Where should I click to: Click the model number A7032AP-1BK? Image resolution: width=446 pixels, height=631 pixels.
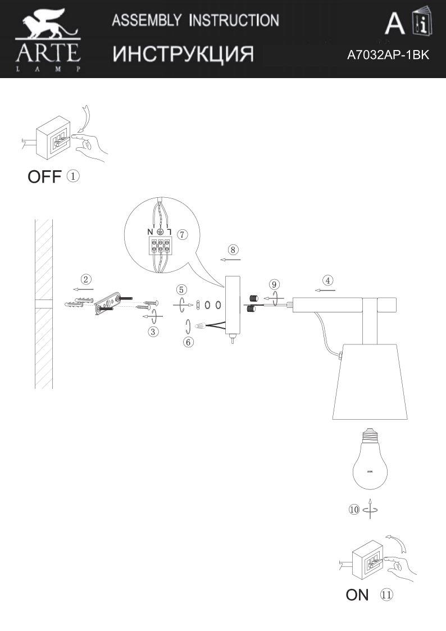(x=388, y=55)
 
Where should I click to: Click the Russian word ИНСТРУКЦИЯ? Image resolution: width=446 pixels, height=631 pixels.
(x=183, y=54)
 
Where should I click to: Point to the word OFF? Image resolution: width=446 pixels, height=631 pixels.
(x=44, y=177)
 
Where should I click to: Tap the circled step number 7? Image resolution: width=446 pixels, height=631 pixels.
(x=181, y=234)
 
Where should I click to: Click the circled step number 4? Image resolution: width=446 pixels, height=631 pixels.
(x=327, y=280)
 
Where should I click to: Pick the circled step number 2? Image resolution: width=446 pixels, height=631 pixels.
(x=85, y=279)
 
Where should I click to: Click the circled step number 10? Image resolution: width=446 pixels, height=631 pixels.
(x=354, y=510)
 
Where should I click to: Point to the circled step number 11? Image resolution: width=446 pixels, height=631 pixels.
(x=386, y=594)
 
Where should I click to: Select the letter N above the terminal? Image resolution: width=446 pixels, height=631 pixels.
(x=150, y=232)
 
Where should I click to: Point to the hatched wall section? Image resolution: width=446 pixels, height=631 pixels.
(x=43, y=303)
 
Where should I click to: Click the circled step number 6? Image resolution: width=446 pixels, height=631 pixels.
(x=189, y=341)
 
